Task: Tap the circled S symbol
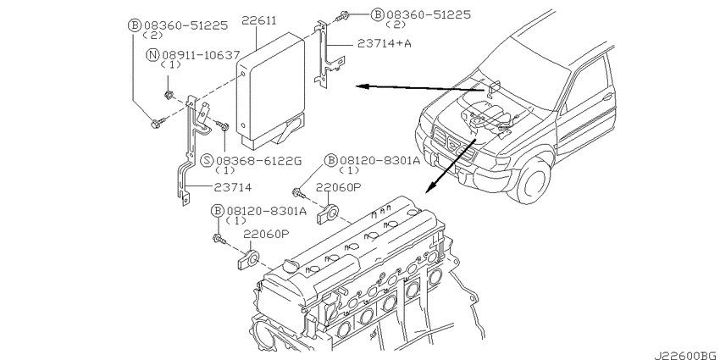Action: click(x=207, y=160)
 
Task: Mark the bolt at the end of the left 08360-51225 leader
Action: click(x=156, y=125)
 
